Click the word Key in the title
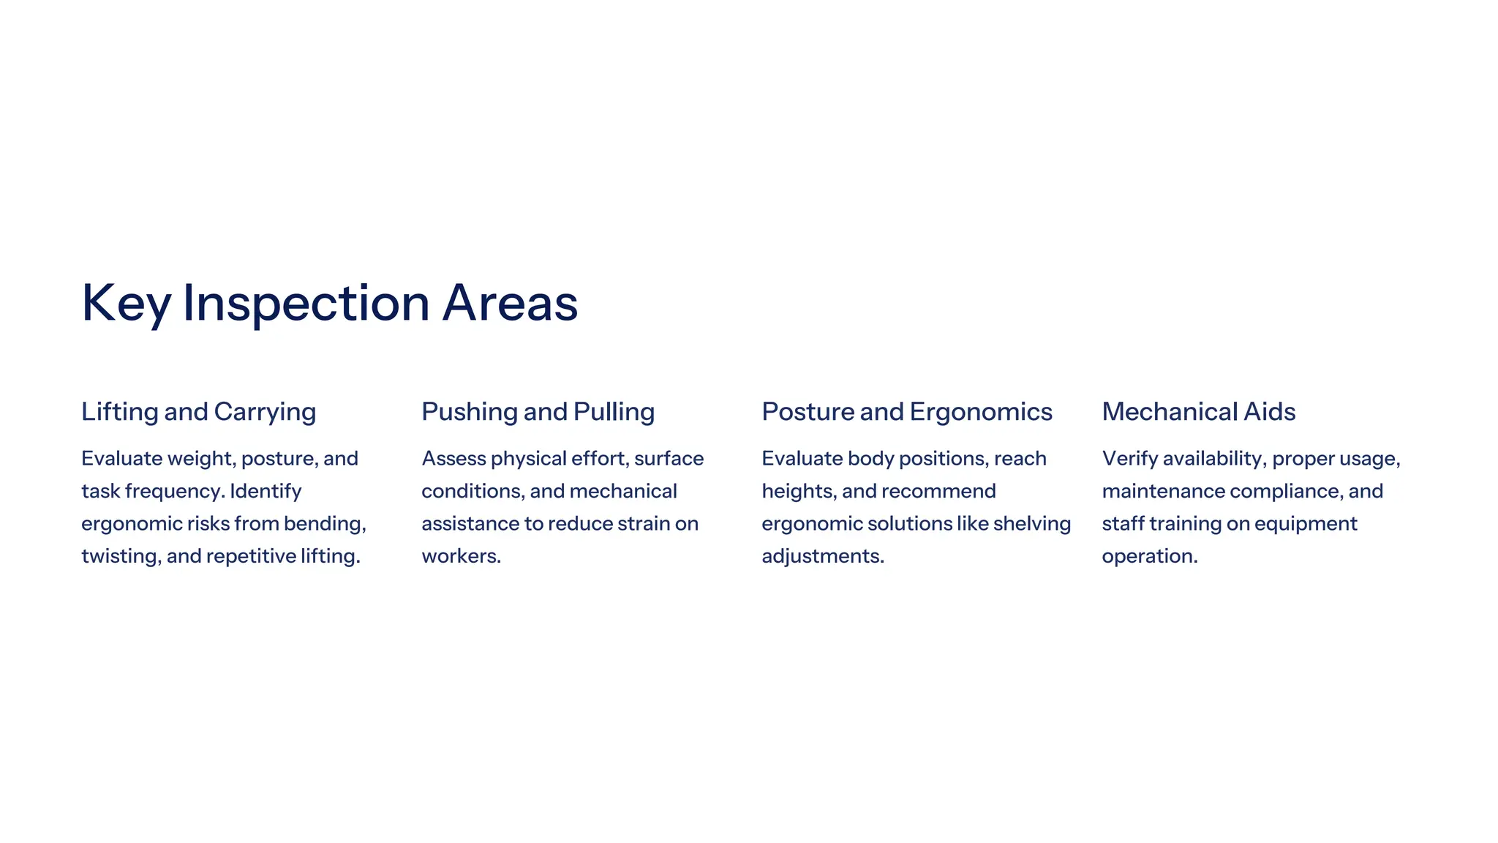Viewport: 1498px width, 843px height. pos(126,303)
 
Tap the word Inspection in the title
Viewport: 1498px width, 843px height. pos(306,303)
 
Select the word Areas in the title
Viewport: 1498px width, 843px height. pos(510,303)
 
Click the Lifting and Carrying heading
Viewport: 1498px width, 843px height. pos(198,411)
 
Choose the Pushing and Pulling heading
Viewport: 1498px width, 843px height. pos(538,411)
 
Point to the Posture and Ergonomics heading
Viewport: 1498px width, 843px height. pos(906,411)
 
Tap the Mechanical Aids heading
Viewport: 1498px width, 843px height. pos(1198,411)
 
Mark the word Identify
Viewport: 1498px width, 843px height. pos(266,491)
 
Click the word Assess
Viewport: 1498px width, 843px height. pos(453,459)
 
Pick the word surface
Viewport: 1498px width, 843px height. pos(669,459)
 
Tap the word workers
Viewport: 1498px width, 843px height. pos(461,556)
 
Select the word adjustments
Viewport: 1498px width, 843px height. pos(822,556)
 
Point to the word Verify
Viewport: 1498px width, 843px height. pos(1129,459)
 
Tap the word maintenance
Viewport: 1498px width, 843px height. pos(1163,491)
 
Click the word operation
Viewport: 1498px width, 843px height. pos(1149,556)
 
